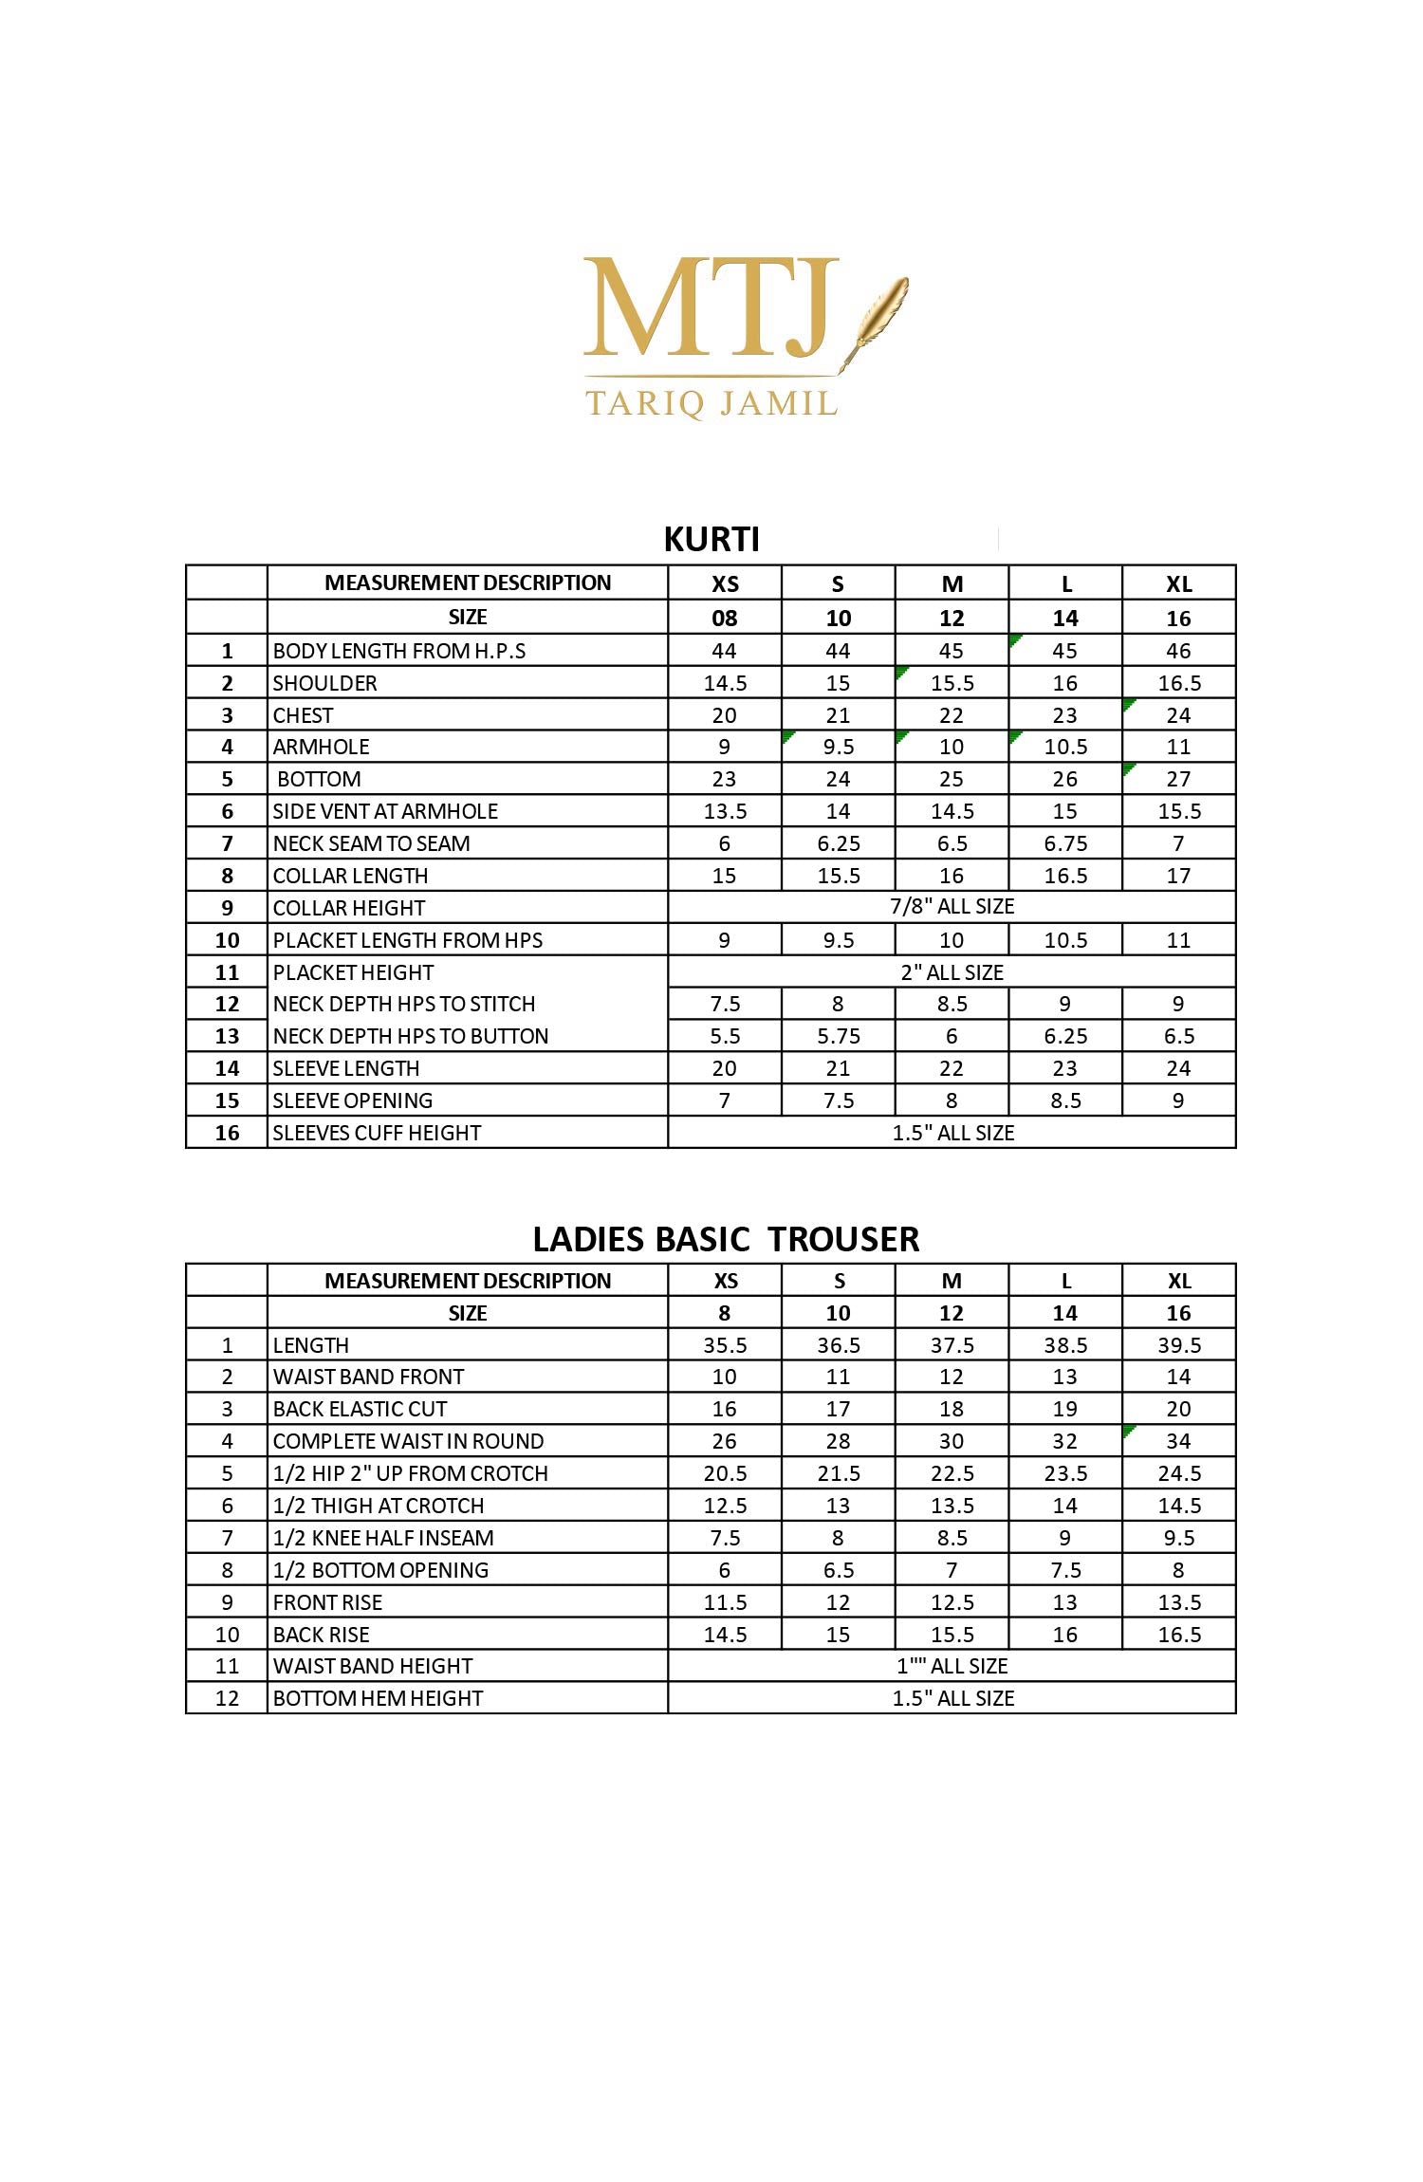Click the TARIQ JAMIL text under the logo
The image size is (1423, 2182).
click(711, 403)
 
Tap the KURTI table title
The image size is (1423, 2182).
click(711, 539)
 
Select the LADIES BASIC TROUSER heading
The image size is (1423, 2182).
click(726, 1239)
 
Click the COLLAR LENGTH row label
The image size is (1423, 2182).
click(350, 876)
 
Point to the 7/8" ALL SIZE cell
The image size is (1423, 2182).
click(952, 907)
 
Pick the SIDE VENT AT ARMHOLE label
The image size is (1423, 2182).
click(385, 811)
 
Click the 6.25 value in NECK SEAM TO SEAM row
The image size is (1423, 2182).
click(839, 843)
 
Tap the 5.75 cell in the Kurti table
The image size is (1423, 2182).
click(839, 1036)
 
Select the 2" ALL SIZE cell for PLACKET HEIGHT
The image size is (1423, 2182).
click(952, 972)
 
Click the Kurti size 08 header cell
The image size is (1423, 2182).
click(725, 619)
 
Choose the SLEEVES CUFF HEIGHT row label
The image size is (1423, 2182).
click(377, 1133)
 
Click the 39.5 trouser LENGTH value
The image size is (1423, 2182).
click(1179, 1345)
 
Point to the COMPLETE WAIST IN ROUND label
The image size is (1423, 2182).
click(408, 1442)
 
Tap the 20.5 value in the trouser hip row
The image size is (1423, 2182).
click(725, 1474)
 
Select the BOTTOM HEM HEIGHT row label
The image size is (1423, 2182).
click(378, 1698)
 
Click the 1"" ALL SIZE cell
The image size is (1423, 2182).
click(952, 1666)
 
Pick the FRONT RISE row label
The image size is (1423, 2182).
click(327, 1602)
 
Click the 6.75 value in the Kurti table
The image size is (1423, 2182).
click(1065, 843)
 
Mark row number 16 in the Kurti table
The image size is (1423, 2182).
click(227, 1133)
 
